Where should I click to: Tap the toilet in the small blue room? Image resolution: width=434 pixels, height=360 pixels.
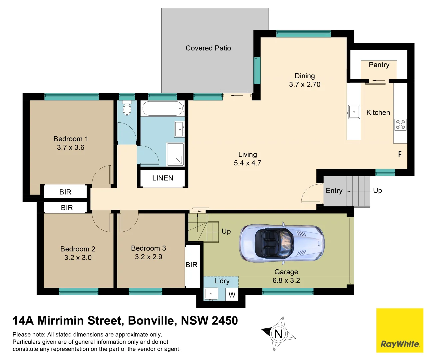coord(127,108)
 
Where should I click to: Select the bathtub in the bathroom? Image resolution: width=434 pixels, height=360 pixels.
coord(162,108)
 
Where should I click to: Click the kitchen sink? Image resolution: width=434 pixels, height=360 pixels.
coord(354,112)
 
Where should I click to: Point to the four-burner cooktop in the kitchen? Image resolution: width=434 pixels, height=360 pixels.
coord(400,125)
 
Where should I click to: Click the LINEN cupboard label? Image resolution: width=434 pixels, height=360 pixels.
coord(163,178)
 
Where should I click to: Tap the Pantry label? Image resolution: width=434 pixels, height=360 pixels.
coord(379,65)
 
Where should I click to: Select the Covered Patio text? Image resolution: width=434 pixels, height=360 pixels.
coord(208,48)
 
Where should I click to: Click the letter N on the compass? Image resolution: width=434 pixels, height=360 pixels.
coord(278,334)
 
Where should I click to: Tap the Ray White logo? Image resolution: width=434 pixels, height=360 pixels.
coord(400,330)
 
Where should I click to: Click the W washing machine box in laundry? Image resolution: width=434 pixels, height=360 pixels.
coord(232,295)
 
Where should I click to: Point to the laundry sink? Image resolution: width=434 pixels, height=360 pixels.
coord(211,294)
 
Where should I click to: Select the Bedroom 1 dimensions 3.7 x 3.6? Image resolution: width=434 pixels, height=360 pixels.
coord(71,148)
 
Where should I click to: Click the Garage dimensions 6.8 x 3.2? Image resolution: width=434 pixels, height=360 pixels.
coord(286,281)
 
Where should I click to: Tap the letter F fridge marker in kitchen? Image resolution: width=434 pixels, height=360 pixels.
coord(400,154)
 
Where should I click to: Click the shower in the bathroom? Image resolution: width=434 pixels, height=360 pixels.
coord(175,154)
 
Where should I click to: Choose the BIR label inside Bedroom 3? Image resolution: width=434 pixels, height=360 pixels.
coord(191,265)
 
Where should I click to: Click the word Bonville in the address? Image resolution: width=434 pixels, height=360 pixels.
coord(152,321)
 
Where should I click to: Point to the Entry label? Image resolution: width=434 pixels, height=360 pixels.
coord(334,191)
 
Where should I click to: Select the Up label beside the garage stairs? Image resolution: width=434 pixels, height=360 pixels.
coord(226,231)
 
